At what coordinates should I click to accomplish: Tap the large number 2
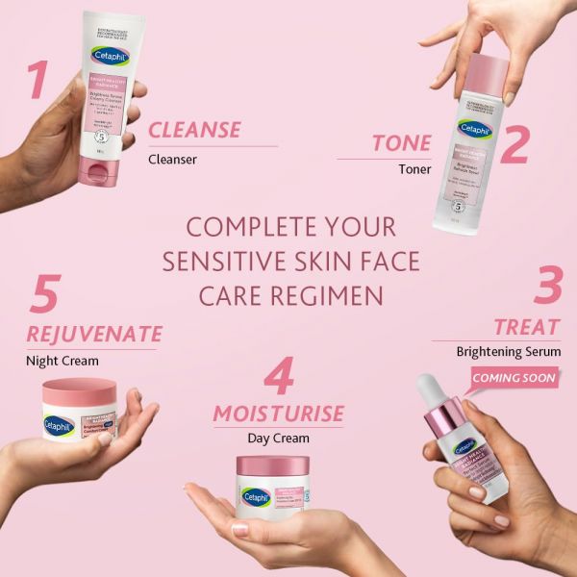(515, 145)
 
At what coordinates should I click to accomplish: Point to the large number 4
(279, 378)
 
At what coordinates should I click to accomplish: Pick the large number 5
(44, 297)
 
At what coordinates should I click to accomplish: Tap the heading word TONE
(402, 143)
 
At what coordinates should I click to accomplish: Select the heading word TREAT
(527, 326)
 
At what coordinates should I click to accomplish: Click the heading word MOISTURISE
(278, 414)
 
